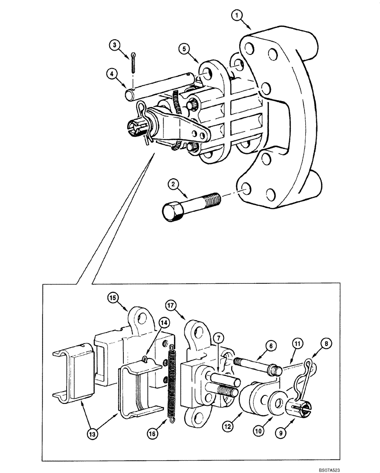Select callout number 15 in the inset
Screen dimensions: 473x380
pyautogui.click(x=112, y=298)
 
